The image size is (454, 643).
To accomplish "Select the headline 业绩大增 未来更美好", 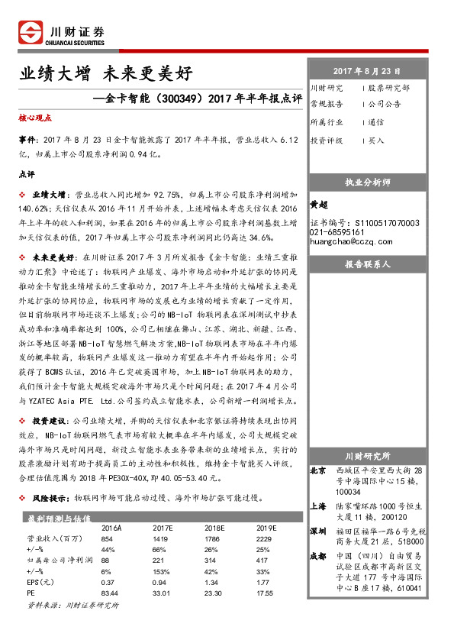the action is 106,74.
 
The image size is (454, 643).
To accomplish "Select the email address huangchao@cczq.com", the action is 350,241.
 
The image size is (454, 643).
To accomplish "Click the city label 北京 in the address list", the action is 319,470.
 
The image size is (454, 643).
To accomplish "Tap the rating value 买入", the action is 376,141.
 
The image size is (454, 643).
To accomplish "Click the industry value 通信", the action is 376,122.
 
